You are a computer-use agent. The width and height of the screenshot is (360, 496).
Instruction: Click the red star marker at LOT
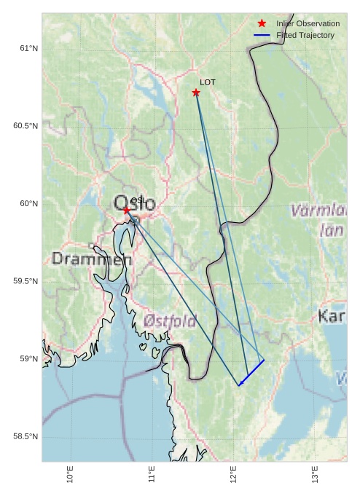click(196, 92)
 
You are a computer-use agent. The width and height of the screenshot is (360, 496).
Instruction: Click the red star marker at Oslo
click(126, 210)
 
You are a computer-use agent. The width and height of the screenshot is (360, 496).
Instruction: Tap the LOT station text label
click(208, 82)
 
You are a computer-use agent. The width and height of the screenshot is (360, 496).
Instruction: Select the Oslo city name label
click(134, 204)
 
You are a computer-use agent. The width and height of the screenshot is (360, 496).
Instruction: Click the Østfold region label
click(170, 320)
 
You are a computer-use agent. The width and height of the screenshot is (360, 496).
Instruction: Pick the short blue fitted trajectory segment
click(251, 373)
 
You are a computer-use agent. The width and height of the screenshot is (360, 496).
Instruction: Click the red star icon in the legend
click(262, 23)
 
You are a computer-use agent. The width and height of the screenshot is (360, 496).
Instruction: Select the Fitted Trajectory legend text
click(305, 35)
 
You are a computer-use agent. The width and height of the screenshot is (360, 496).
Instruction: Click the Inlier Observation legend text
click(308, 23)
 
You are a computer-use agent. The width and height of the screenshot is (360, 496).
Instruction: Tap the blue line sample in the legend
click(262, 35)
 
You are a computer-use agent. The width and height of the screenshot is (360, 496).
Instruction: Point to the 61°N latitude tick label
click(28, 48)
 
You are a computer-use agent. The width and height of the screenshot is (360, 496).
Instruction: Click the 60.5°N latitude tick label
click(26, 126)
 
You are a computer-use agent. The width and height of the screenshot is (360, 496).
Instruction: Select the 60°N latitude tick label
click(28, 203)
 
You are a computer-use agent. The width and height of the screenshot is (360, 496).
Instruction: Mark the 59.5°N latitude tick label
click(26, 281)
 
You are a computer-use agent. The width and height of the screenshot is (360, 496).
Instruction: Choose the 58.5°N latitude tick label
click(26, 436)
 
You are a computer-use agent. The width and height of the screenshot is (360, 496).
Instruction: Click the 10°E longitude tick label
click(70, 474)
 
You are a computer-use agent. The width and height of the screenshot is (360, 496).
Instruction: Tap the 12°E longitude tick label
click(233, 474)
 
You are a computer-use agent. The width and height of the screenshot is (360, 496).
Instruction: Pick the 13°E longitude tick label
click(315, 474)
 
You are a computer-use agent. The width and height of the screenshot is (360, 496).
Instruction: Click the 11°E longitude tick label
click(152, 474)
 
